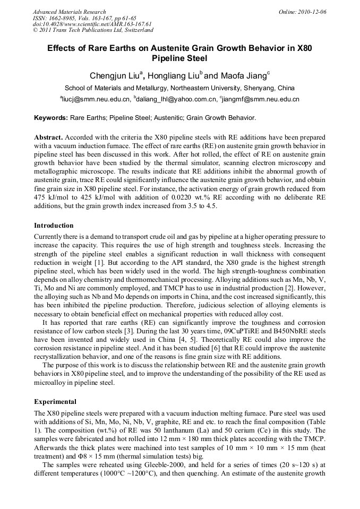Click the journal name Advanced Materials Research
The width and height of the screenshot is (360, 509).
click(69, 12)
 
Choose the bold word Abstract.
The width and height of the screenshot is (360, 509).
click(48, 136)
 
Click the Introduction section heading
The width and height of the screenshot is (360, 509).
click(54, 226)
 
